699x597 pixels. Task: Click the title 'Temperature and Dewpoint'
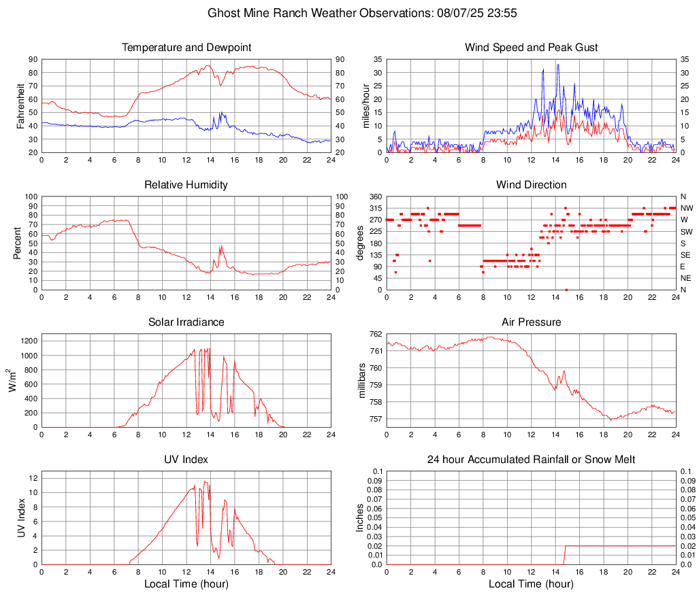[186, 48]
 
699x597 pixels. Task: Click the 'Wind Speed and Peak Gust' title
[531, 48]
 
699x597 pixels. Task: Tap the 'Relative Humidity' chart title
[186, 185]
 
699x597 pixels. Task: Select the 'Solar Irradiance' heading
[186, 322]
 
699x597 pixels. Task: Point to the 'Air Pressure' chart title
[531, 322]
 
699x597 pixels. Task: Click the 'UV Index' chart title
[186, 460]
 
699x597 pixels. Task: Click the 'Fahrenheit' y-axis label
[21, 105]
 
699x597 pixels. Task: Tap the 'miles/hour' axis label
[366, 105]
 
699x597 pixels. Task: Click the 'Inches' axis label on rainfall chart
[360, 518]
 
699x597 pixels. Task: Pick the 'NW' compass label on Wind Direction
[686, 208]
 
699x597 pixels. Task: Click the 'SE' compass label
[685, 255]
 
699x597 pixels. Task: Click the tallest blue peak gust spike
[557, 65]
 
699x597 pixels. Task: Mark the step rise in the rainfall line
[565, 546]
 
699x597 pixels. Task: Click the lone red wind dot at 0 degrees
[566, 290]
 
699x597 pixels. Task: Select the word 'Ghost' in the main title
[223, 13]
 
